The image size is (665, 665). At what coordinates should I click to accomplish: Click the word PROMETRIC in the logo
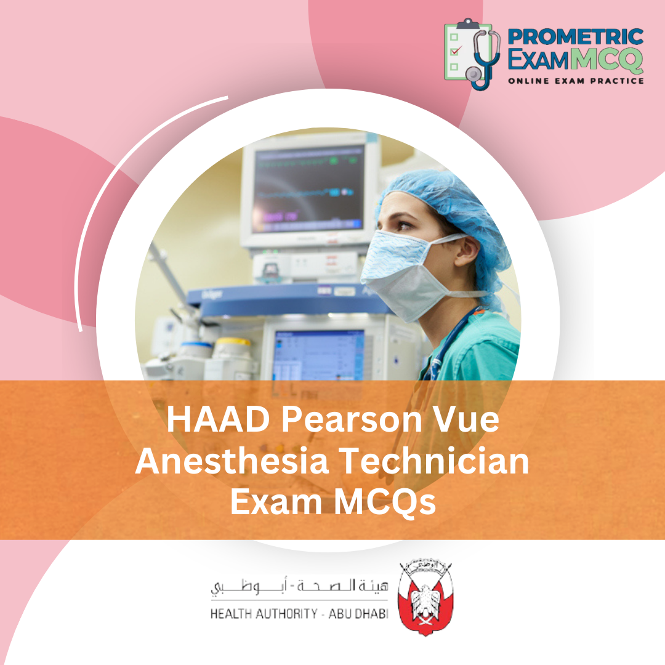(x=575, y=36)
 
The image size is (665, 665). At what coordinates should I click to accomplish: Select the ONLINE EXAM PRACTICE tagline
(x=575, y=81)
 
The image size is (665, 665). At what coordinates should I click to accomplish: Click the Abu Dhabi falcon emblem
(x=425, y=597)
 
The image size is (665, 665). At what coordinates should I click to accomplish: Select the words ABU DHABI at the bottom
(x=356, y=615)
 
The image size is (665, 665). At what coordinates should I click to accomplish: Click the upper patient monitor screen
(x=308, y=188)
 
